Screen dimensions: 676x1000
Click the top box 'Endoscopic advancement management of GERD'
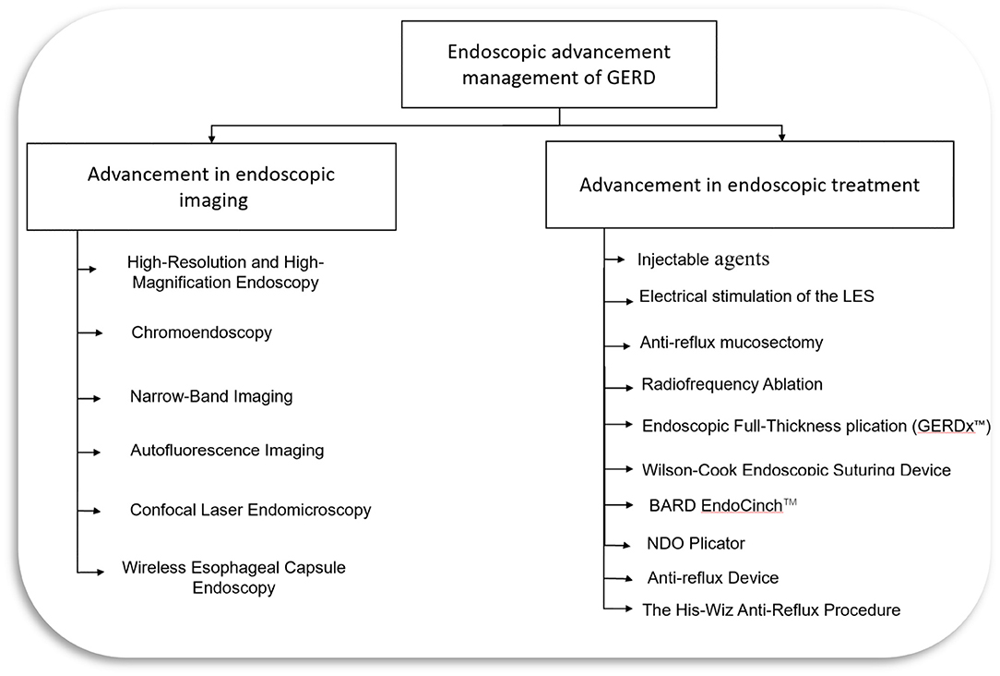click(559, 64)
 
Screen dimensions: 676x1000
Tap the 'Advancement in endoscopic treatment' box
click(749, 185)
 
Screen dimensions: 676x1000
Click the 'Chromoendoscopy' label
click(201, 332)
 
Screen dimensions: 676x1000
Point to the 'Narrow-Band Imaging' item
click(211, 396)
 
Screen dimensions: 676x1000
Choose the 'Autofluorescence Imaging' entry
click(227, 451)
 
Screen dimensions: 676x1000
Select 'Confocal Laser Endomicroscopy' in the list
click(250, 510)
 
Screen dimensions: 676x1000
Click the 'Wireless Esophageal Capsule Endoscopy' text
click(233, 577)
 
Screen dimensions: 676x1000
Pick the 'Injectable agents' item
click(703, 260)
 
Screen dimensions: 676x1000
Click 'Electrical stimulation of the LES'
click(756, 296)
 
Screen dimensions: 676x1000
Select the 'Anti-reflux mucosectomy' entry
click(731, 343)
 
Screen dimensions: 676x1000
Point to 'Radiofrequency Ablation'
click(732, 384)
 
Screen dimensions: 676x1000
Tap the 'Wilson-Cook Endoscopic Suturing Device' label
click(796, 470)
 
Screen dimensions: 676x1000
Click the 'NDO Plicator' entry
click(696, 543)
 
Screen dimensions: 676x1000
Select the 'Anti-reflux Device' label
click(713, 578)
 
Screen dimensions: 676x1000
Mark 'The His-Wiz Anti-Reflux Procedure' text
click(770, 610)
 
